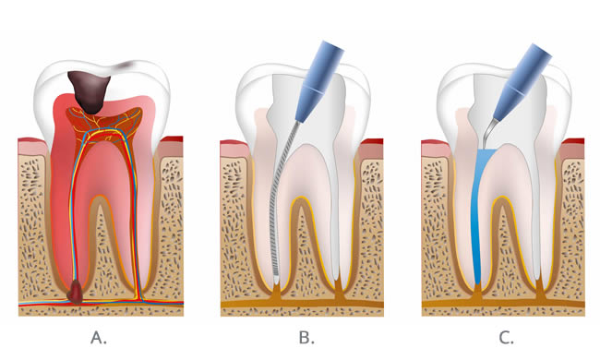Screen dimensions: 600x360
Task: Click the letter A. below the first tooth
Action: click(x=100, y=337)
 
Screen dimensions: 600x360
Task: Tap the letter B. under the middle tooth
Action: click(x=306, y=337)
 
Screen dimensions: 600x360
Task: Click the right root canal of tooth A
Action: click(x=136, y=222)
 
